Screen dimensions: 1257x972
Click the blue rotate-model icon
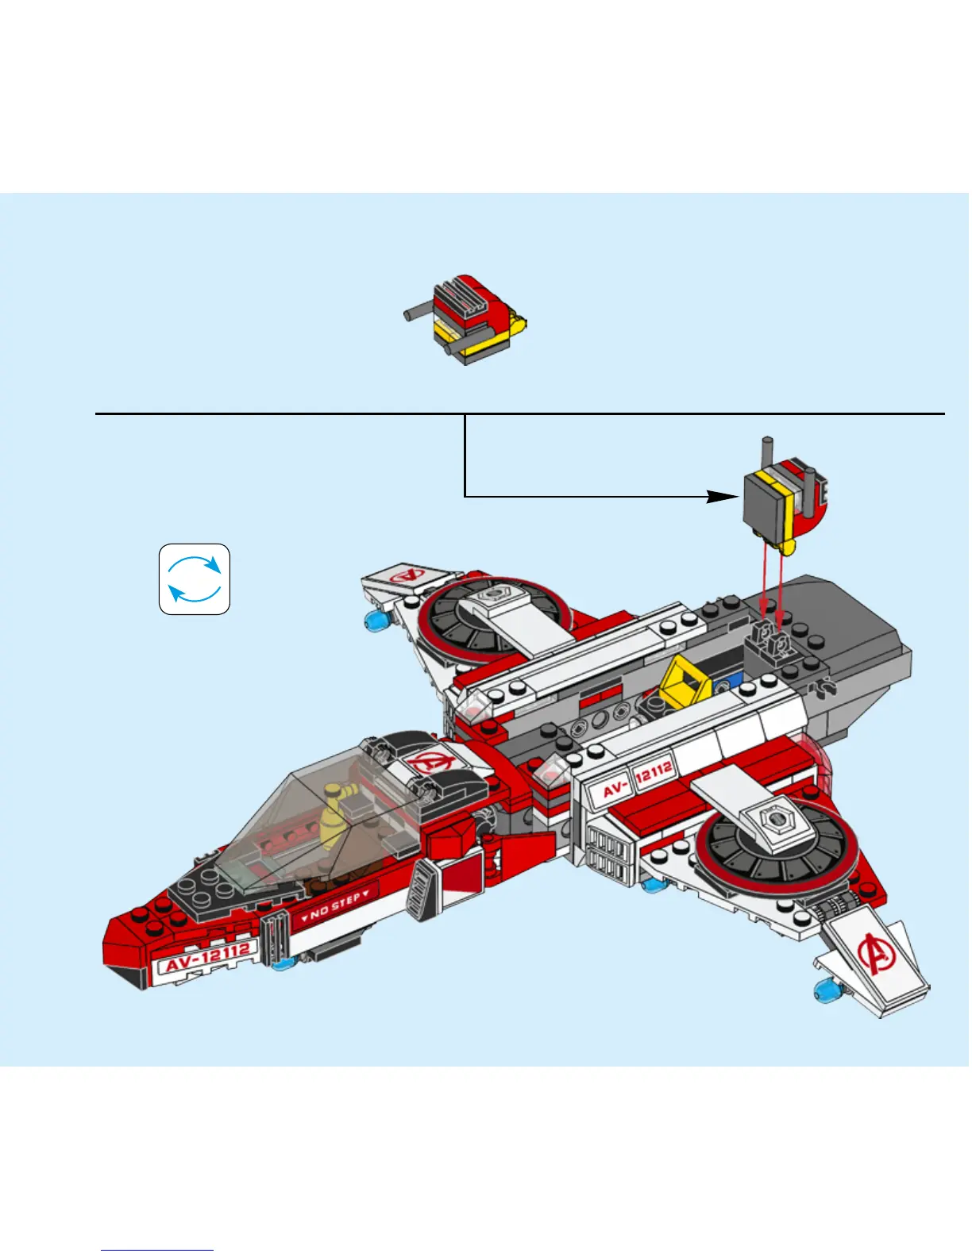coord(195,579)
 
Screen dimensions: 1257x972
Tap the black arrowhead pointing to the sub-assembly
coord(723,497)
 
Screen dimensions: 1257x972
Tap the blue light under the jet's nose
coord(282,963)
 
